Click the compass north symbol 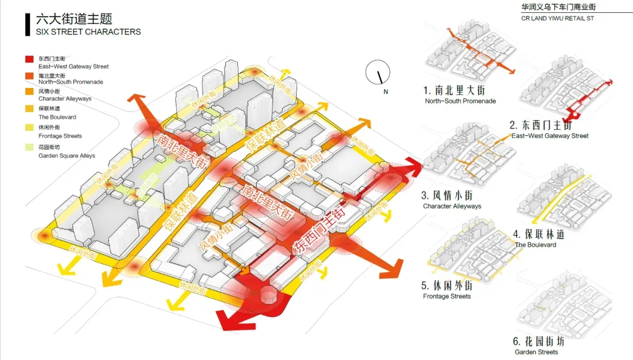click(379, 73)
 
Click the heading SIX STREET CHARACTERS click(89, 32)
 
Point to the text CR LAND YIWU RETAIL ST click(557, 19)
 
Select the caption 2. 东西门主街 click(549, 125)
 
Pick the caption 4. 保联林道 click(539, 235)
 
